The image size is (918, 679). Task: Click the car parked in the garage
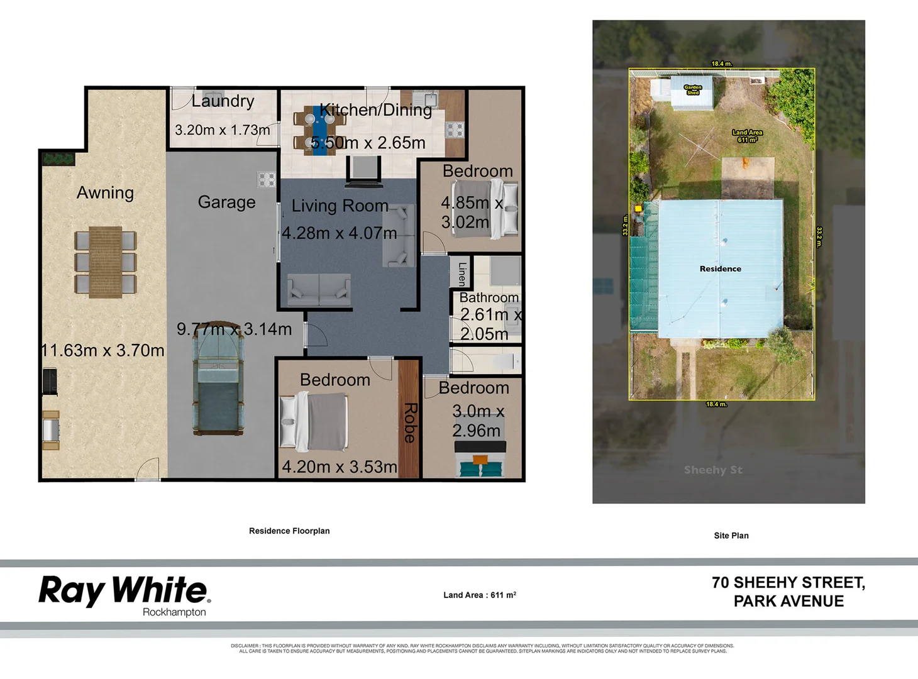(218, 384)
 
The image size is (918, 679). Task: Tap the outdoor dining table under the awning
(105, 261)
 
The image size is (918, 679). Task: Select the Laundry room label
(223, 101)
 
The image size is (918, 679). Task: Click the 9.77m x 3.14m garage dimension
(234, 329)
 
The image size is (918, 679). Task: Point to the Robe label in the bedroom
(410, 422)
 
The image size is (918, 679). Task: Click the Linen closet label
(462, 273)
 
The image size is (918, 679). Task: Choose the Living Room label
(340, 206)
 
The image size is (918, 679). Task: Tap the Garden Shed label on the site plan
(692, 90)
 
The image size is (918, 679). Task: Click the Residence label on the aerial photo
(720, 268)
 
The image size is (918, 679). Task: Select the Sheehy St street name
(713, 470)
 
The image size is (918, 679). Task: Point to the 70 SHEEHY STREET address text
(788, 583)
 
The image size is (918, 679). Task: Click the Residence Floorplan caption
(289, 531)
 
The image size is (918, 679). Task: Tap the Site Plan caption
(731, 536)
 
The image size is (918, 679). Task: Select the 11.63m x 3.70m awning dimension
(102, 350)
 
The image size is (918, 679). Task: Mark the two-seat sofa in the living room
(319, 290)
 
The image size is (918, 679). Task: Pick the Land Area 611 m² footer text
(479, 595)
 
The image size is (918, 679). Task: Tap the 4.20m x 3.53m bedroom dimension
(339, 466)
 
